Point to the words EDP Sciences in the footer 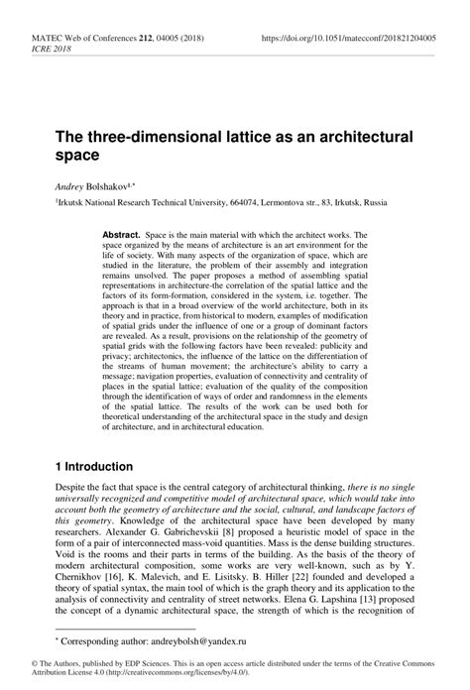[118, 670]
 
